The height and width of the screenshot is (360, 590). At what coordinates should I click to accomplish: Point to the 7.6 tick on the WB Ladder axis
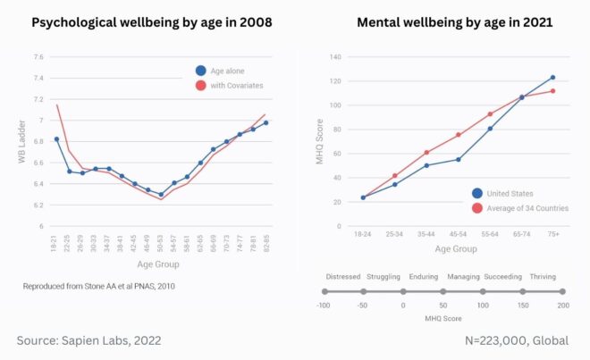click(x=38, y=57)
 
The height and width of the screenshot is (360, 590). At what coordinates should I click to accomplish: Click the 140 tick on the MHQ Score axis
click(x=336, y=57)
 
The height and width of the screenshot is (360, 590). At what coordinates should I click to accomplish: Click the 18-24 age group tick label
click(x=363, y=235)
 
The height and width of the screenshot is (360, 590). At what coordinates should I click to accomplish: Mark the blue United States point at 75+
click(x=552, y=78)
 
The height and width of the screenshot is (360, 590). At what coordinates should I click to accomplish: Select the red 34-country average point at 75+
click(x=552, y=91)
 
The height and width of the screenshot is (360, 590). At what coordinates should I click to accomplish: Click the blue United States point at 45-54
click(x=458, y=160)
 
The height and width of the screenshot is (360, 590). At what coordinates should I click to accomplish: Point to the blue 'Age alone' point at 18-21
click(x=57, y=139)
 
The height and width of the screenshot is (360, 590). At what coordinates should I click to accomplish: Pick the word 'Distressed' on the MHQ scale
click(x=343, y=277)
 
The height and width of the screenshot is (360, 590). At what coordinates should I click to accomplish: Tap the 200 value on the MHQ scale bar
click(x=561, y=306)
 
